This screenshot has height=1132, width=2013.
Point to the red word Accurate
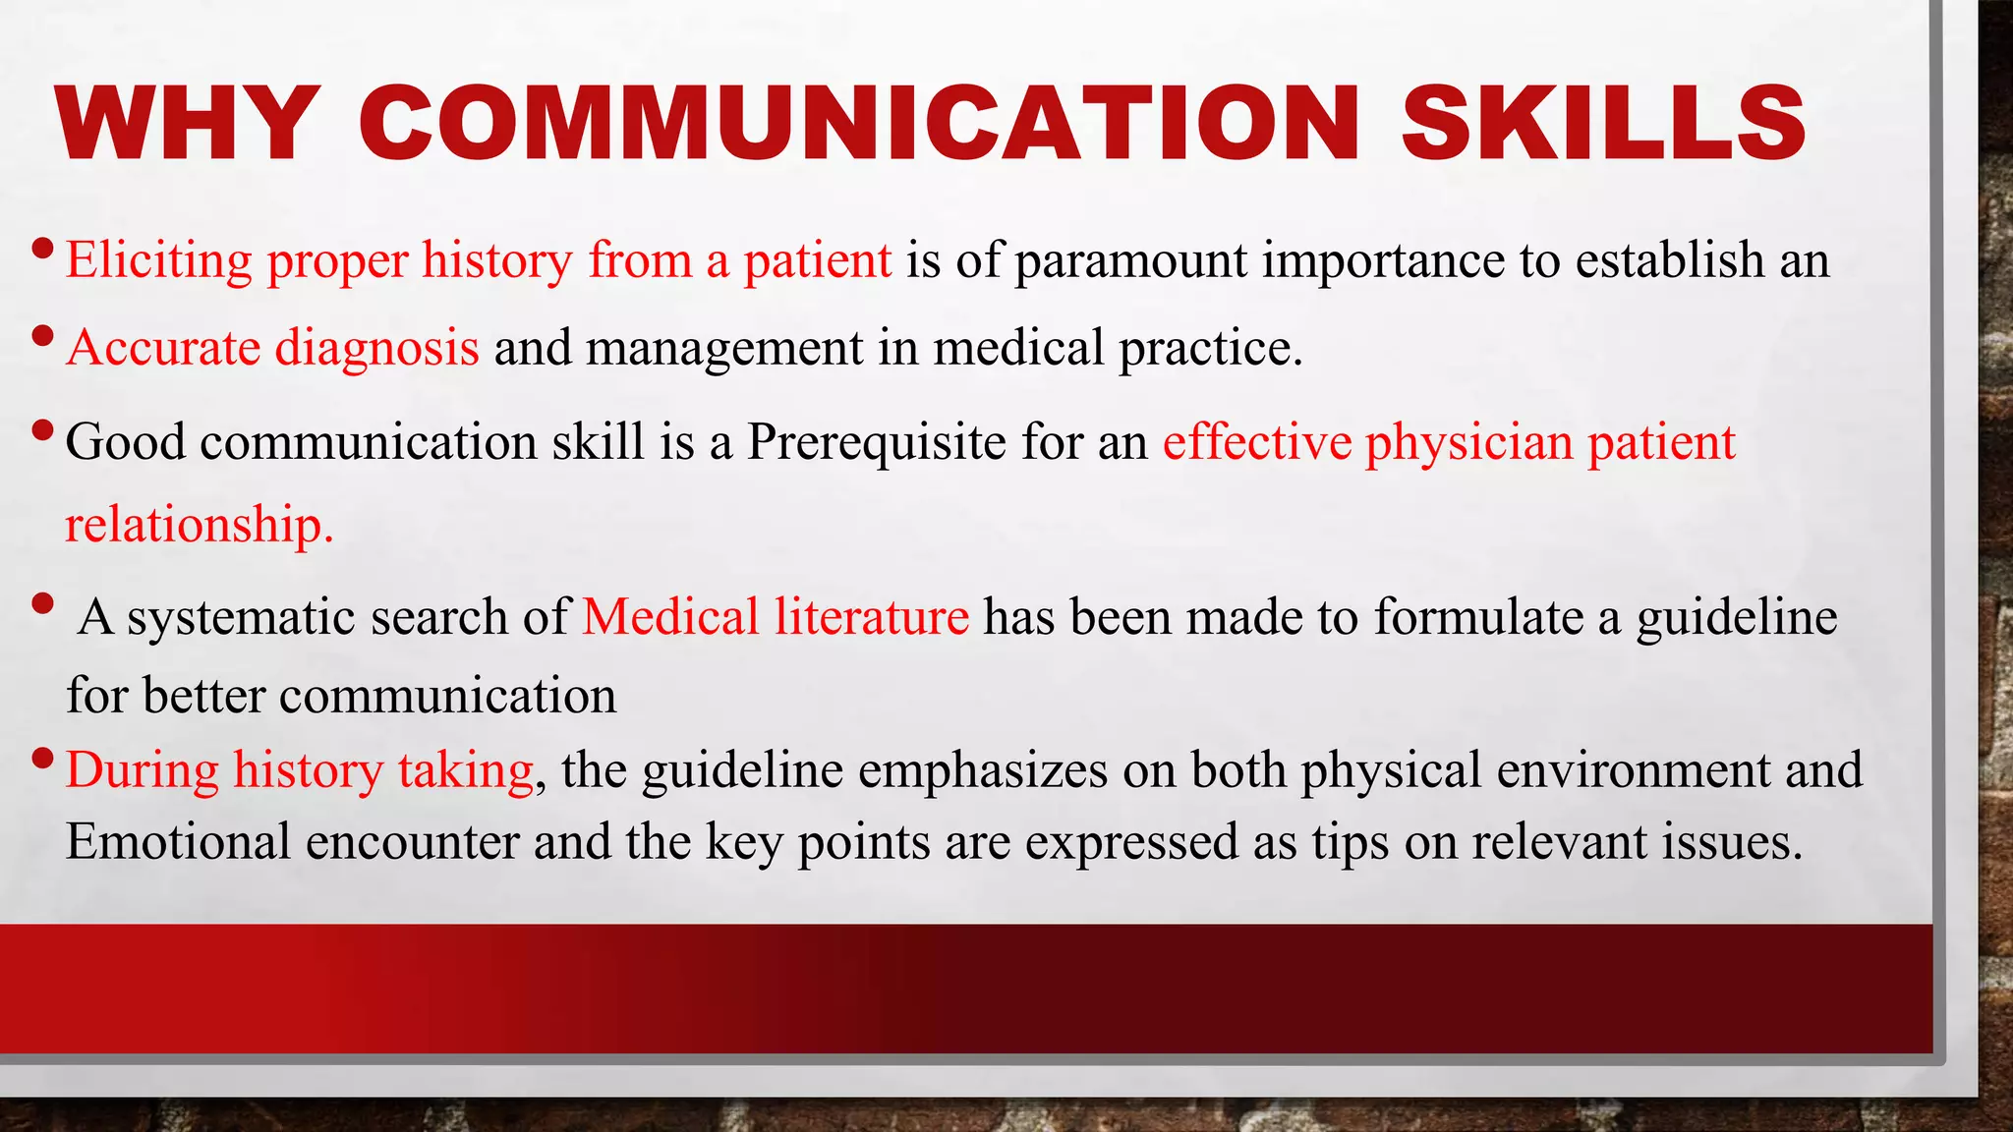(x=163, y=348)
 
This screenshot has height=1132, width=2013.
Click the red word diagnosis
(x=376, y=348)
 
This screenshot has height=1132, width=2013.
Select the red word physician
(x=1468, y=443)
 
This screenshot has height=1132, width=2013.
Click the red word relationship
(x=200, y=525)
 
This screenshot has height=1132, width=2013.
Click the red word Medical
(x=670, y=617)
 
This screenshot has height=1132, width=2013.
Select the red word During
(x=142, y=770)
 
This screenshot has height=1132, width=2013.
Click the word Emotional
(x=178, y=842)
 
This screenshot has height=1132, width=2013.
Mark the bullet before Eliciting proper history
(x=42, y=248)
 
